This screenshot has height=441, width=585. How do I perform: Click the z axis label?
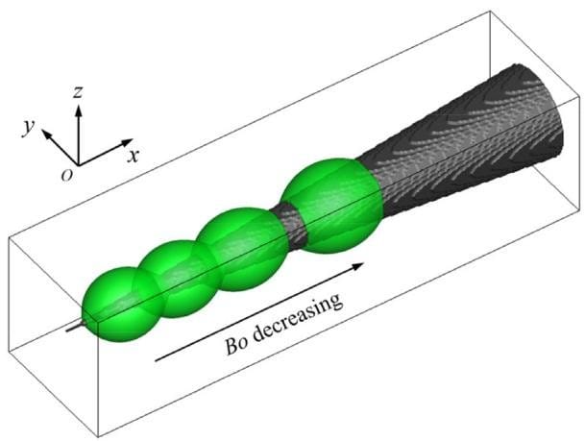pyautogui.click(x=78, y=91)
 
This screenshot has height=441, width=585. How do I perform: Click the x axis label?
pyautogui.click(x=133, y=156)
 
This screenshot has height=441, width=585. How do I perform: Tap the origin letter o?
pyautogui.click(x=67, y=175)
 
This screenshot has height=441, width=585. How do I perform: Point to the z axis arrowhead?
pyautogui.click(x=79, y=110)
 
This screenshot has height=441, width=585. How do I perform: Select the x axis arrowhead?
pyautogui.click(x=128, y=142)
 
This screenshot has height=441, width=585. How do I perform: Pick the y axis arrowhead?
pyautogui.click(x=46, y=134)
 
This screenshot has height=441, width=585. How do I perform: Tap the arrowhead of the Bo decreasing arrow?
pyautogui.click(x=358, y=265)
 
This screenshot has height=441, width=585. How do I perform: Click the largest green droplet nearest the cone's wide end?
pyautogui.click(x=332, y=206)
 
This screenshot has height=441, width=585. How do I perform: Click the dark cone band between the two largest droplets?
pyautogui.click(x=290, y=225)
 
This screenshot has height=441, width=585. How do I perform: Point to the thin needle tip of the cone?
pyautogui.click(x=68, y=330)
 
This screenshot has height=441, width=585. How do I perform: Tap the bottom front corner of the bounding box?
pyautogui.click(x=98, y=437)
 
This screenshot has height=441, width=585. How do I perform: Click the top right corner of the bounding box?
pyautogui.click(x=490, y=12)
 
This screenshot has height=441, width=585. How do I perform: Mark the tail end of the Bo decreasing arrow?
pyautogui.click(x=156, y=360)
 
